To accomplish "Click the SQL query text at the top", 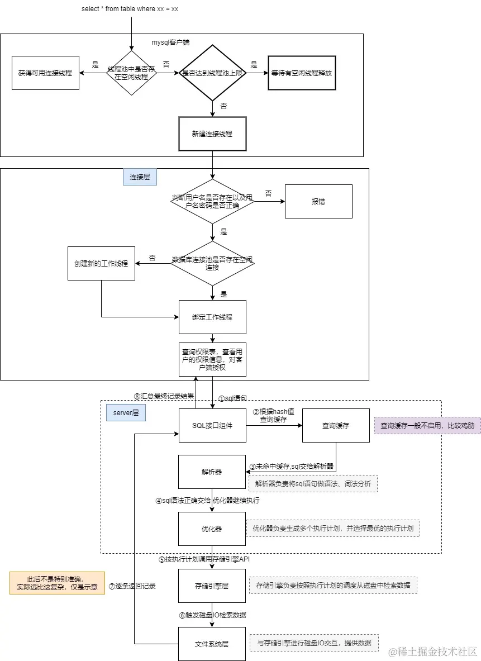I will click(130, 9).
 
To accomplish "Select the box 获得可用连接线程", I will click(45, 73).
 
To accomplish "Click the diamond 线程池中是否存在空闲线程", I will click(131, 73).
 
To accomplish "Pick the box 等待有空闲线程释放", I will click(302, 73).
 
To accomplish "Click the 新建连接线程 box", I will click(212, 134).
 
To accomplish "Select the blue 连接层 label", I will click(140, 177).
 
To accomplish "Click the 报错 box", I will click(318, 201).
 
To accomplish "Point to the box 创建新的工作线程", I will click(101, 263).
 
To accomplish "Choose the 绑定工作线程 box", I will click(212, 317).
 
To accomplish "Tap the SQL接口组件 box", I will click(212, 425).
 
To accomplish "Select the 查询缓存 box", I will click(336, 425).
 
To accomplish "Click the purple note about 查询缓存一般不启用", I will click(427, 425).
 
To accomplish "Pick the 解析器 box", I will click(212, 472).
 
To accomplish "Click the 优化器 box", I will click(212, 529).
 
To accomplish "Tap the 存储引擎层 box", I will click(212, 586).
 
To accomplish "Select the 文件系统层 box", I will click(212, 643).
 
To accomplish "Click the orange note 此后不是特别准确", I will click(57, 583).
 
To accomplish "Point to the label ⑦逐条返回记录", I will click(132, 586).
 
